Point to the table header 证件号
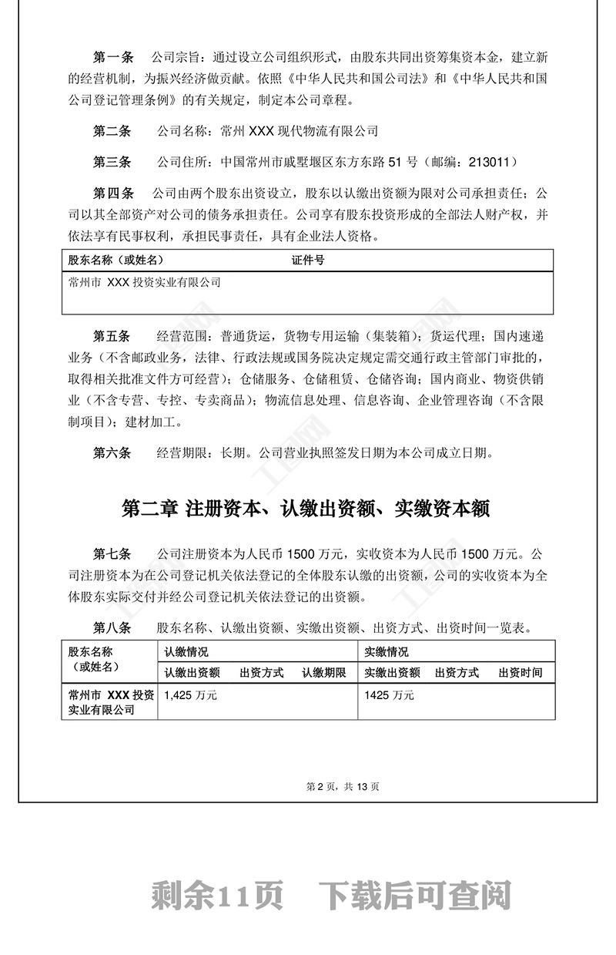307,261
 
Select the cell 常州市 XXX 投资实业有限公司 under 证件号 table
145,283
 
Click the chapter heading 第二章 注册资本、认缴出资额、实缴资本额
306,509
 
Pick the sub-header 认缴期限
324,673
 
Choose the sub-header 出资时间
521,673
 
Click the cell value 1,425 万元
190,695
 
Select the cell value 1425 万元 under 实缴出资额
389,695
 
